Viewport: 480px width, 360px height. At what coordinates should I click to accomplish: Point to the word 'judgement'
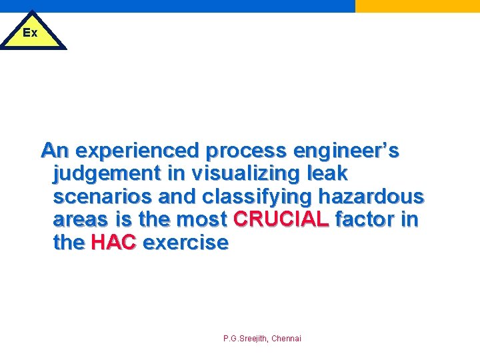click(x=107, y=174)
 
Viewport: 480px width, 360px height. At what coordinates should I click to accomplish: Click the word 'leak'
click(x=327, y=173)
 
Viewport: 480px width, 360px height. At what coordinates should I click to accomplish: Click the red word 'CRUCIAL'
click(x=281, y=219)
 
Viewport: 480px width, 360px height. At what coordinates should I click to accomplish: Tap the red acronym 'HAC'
click(x=113, y=242)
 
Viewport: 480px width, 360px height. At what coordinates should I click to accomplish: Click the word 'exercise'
click(x=185, y=242)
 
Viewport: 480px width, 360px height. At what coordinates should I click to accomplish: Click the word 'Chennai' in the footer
click(x=286, y=339)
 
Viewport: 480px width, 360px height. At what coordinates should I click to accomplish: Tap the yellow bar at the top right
click(x=417, y=6)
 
